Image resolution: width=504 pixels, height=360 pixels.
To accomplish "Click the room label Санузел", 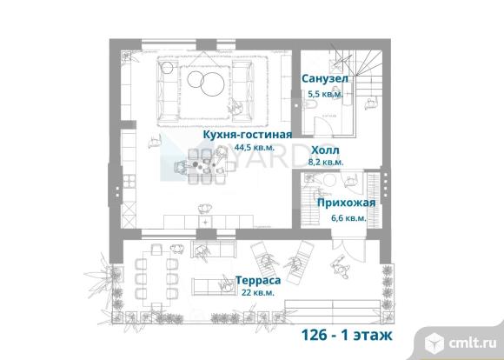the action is click(325, 78).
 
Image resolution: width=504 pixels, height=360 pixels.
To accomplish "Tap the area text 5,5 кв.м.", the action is click(325, 94).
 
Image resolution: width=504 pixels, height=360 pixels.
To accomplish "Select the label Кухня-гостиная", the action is click(247, 135).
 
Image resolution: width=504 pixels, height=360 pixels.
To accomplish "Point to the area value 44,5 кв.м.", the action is click(255, 148).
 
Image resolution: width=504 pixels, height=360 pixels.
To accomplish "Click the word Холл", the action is click(325, 150).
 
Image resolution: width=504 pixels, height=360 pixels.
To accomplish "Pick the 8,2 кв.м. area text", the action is click(326, 162).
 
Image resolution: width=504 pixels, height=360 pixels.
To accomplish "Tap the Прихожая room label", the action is click(346, 203).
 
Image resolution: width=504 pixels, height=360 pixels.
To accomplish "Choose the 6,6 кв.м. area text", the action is click(348, 218).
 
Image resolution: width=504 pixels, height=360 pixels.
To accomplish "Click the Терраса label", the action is click(258, 280).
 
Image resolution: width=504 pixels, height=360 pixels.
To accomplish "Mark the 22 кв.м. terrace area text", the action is click(258, 293).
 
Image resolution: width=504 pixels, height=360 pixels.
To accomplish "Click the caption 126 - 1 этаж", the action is click(347, 335).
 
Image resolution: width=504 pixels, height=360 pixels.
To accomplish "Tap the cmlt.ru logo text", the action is click(473, 343).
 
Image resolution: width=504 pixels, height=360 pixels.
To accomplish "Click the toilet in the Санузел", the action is click(310, 104).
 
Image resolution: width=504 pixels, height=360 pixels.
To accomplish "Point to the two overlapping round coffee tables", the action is click(206, 82).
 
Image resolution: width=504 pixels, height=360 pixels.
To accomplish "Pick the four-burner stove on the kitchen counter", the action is click(129, 181).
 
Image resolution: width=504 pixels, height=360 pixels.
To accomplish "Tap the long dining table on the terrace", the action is click(156, 277).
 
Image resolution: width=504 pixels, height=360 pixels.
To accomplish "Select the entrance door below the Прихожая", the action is click(348, 248).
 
